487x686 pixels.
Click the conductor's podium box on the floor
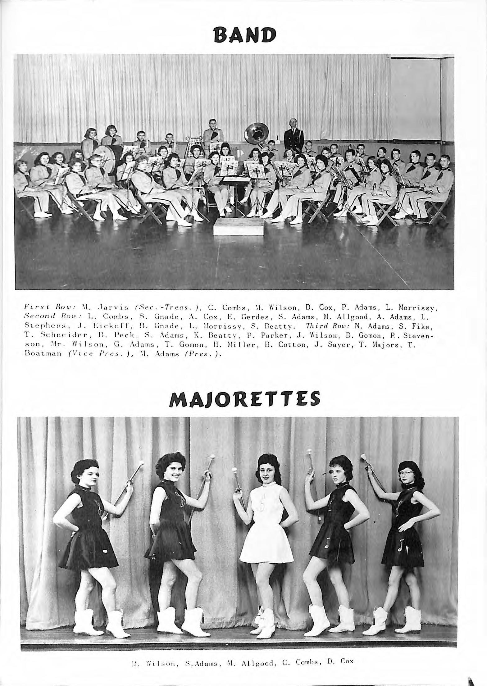(239, 227)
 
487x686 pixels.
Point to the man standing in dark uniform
(293, 137)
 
